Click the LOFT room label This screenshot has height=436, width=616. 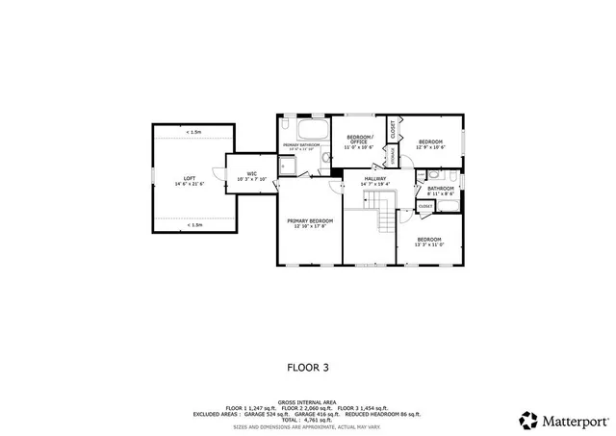pyautogui.click(x=190, y=178)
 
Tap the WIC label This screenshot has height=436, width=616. pyautogui.click(x=251, y=173)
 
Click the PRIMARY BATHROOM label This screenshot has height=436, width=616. pyautogui.click(x=301, y=145)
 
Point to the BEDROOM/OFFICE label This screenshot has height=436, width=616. pyautogui.click(x=359, y=138)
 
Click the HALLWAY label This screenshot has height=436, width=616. pyautogui.click(x=374, y=178)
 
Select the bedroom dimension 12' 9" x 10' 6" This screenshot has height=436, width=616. pyautogui.click(x=429, y=147)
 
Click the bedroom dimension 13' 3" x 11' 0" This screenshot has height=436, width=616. pyautogui.click(x=429, y=244)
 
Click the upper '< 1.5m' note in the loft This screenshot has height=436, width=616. pyautogui.click(x=193, y=132)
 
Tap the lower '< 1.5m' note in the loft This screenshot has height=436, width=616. pyautogui.click(x=193, y=225)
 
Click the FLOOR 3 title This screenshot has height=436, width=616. pyautogui.click(x=308, y=367)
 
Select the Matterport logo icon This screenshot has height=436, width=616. pyautogui.click(x=528, y=421)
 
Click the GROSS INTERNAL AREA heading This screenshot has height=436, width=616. pyautogui.click(x=307, y=402)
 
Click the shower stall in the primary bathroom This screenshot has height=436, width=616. pyautogui.click(x=288, y=166)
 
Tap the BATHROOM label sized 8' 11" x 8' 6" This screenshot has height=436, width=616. pyautogui.click(x=441, y=189)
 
